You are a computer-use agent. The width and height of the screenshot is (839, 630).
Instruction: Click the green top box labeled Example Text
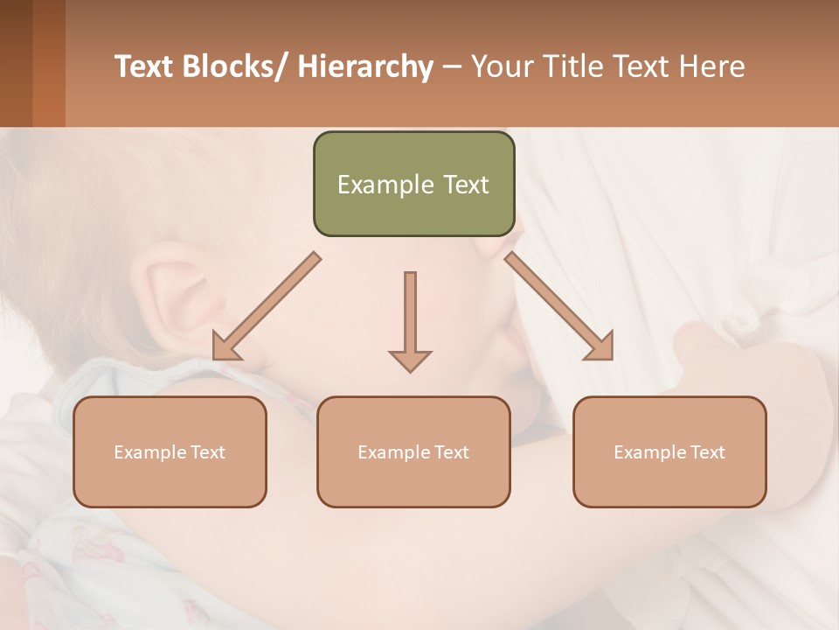tap(413, 184)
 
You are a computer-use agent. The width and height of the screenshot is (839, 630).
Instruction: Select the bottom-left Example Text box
tap(170, 451)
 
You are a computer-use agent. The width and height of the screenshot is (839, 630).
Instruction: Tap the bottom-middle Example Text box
tap(413, 451)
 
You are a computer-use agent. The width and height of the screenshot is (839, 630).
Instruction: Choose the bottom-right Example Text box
tap(669, 451)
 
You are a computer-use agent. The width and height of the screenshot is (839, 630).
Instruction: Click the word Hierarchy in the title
tap(365, 67)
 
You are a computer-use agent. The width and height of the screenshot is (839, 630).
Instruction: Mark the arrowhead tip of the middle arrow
tap(410, 370)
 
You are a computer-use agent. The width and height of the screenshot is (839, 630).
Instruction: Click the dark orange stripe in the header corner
tap(48, 63)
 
